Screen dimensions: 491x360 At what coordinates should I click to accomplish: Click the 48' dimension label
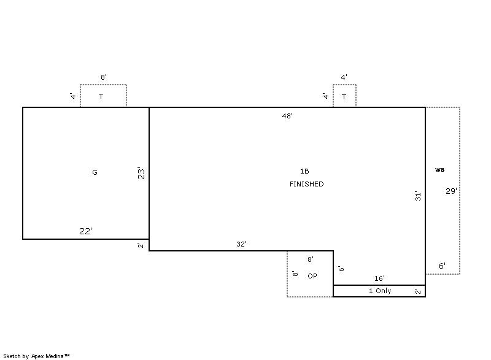pos(287,116)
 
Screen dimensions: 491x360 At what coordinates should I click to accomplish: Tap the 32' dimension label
pos(241,244)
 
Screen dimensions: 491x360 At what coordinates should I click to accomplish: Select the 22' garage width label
pos(85,231)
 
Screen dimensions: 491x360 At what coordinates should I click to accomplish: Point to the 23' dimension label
pos(142,174)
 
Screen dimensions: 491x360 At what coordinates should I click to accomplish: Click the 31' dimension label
pos(418,196)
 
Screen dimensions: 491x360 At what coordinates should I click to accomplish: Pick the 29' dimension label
pos(451,191)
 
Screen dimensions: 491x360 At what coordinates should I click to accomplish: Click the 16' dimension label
pos(379,278)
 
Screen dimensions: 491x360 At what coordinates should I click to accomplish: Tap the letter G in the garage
pos(95,172)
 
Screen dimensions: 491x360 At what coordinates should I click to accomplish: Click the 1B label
pos(304,171)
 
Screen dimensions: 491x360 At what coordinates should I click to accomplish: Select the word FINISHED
pos(306,184)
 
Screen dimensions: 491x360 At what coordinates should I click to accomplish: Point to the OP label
pos(312,276)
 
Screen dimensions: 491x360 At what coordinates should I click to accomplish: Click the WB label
pos(439,170)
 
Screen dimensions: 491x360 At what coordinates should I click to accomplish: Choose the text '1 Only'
pos(380,291)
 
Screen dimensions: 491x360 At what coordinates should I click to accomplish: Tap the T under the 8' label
pos(101,96)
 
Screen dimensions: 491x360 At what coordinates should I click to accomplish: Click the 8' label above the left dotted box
pos(104,77)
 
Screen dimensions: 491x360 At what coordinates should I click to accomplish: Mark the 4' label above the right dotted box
pos(344,77)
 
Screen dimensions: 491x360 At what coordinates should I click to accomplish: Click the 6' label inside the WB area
pos(442,266)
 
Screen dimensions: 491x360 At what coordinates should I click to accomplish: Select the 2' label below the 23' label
pos(141,245)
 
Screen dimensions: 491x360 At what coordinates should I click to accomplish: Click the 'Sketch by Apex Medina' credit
pos(36,356)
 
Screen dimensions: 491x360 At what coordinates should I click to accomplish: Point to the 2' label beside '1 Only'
pos(418,291)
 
